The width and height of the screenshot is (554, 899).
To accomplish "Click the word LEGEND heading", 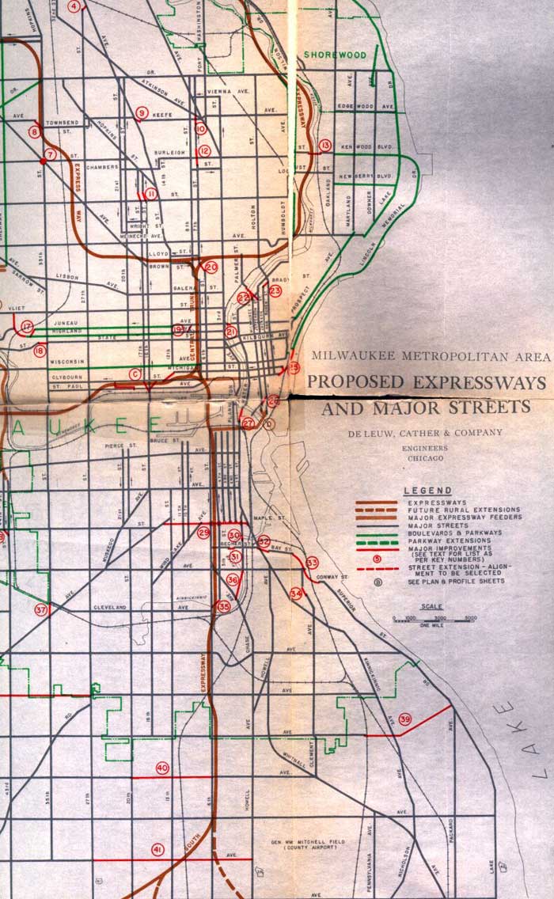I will [427, 491].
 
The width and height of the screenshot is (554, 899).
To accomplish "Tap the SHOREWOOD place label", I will [336, 55].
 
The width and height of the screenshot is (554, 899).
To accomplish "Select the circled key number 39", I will [405, 719].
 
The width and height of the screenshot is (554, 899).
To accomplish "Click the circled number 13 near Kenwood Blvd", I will [324, 145].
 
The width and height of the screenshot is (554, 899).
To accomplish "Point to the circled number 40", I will [162, 768].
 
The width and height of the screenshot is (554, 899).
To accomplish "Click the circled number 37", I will [40, 609].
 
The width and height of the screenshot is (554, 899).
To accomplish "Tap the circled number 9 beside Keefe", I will [142, 113].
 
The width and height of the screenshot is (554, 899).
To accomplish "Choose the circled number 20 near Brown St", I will [211, 267].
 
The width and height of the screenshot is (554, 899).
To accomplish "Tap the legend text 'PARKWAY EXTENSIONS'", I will [449, 541].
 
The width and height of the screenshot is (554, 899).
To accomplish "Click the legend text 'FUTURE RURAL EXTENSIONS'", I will [453, 510].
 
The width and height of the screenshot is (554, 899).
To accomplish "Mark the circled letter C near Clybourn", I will [135, 374].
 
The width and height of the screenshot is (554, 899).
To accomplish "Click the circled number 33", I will [312, 563].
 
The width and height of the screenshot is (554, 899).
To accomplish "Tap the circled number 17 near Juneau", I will [28, 326].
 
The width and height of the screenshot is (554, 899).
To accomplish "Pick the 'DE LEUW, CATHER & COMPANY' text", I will [424, 432].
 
